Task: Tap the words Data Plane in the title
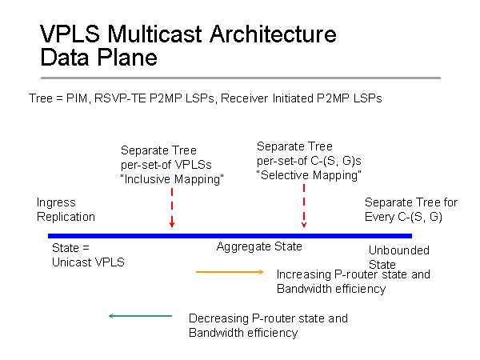[98, 57]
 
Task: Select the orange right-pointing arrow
[230, 273]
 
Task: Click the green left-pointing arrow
[140, 317]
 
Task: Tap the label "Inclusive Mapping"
[172, 179]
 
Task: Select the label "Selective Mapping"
[310, 174]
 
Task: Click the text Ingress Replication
[66, 210]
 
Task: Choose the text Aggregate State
[259, 247]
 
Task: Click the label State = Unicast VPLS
[88, 254]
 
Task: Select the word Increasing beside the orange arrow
[302, 274]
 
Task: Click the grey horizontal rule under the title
[240, 78]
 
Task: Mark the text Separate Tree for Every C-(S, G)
[411, 210]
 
